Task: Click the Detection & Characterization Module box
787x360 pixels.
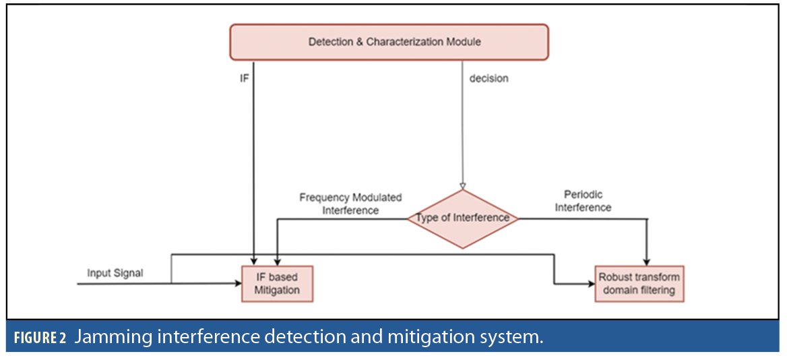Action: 389,42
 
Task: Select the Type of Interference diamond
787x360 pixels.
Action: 463,218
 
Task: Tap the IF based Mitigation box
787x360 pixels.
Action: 278,284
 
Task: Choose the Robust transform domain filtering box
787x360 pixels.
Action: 639,284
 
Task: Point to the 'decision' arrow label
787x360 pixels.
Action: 489,78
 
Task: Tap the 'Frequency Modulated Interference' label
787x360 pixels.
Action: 350,204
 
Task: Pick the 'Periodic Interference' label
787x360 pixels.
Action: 583,201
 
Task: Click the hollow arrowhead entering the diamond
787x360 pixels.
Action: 463,185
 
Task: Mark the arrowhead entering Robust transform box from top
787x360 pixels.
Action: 648,262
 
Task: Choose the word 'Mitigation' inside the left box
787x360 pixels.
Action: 278,291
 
